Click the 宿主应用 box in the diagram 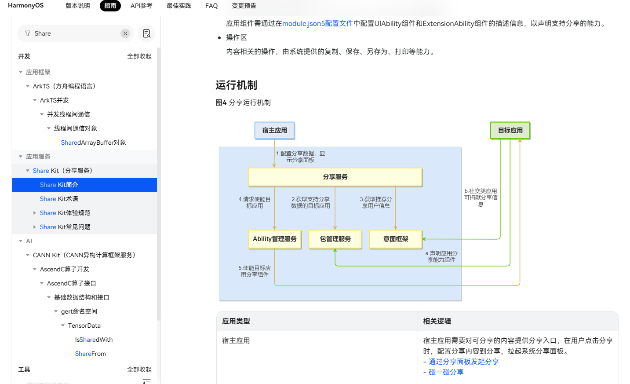[x=274, y=130]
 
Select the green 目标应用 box [x=510, y=130]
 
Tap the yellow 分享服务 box [x=335, y=177]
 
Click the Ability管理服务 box [x=274, y=239]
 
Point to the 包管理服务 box [x=335, y=239]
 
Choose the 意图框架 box [x=395, y=239]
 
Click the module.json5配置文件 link [x=317, y=23]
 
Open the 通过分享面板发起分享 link [x=463, y=362]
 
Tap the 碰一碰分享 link [x=446, y=372]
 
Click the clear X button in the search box [x=125, y=33]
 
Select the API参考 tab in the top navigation [x=141, y=6]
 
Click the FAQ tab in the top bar [x=211, y=6]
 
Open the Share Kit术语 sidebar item [x=59, y=199]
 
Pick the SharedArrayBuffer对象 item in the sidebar [x=93, y=143]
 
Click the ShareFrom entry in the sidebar [x=90, y=354]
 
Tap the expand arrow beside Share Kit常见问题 [x=34, y=227]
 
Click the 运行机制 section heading [x=236, y=85]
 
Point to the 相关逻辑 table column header [x=437, y=321]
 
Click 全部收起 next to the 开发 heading [x=139, y=56]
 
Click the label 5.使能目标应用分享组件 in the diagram [x=255, y=271]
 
